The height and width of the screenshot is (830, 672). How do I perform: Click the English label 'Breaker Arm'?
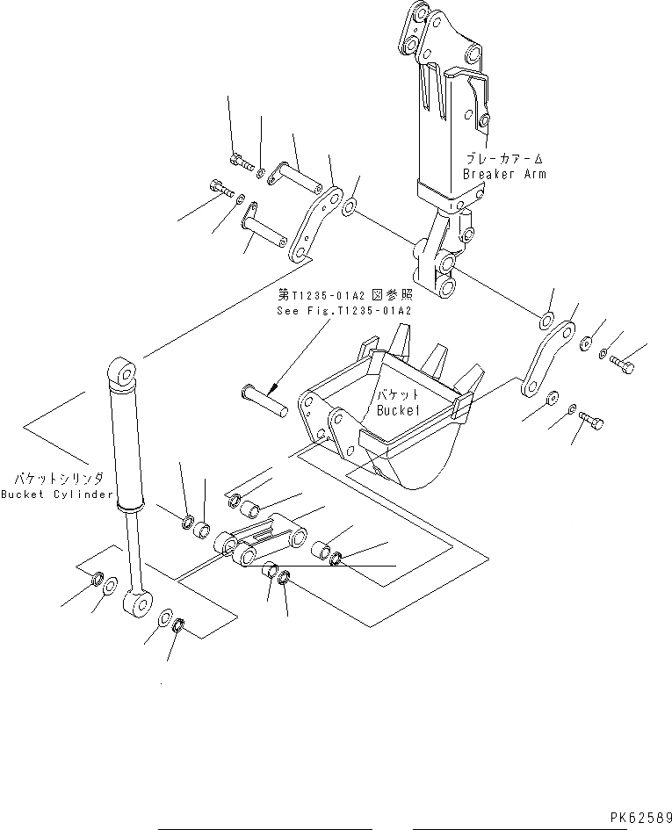pos(504,174)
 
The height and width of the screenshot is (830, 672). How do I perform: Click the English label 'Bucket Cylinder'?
pos(57,494)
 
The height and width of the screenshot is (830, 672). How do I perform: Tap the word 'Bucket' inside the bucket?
pos(401,410)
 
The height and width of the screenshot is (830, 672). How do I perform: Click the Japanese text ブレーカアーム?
pos(504,159)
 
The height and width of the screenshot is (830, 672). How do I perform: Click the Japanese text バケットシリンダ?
pos(59,479)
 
